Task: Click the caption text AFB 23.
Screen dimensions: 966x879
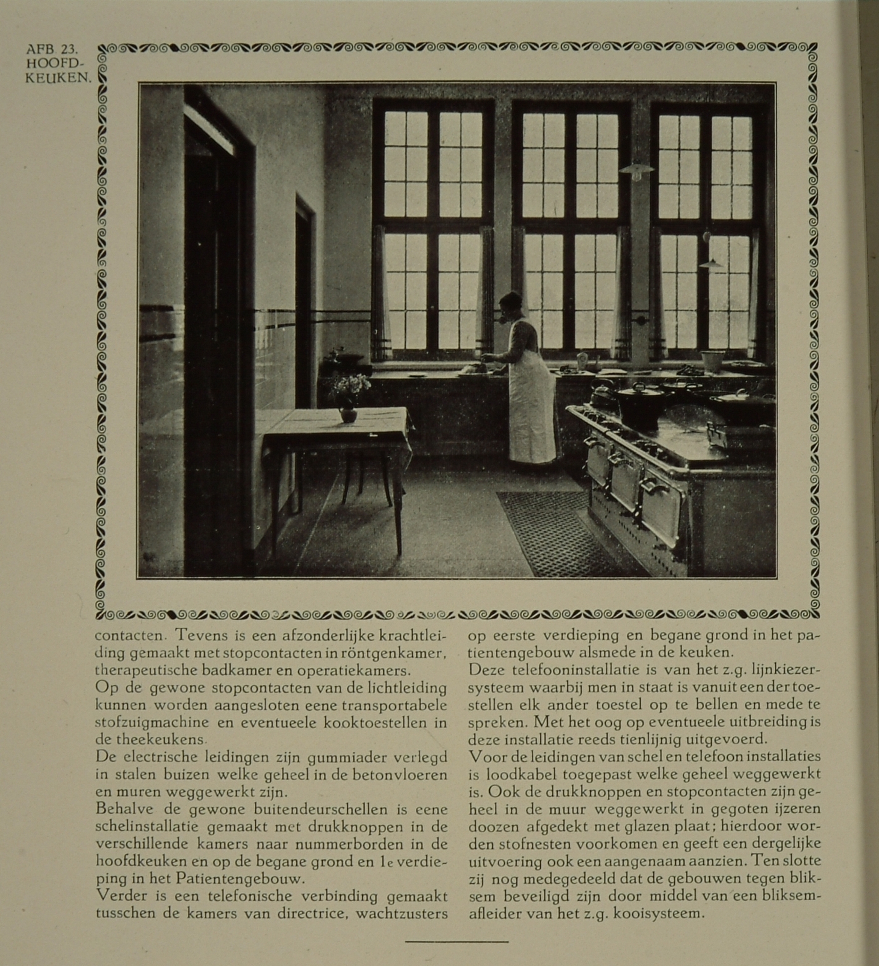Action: pyautogui.click(x=52, y=50)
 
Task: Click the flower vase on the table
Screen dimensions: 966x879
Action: pyautogui.click(x=347, y=413)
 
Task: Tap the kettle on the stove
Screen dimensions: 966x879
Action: pyautogui.click(x=602, y=394)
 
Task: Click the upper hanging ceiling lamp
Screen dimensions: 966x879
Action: pyautogui.click(x=636, y=170)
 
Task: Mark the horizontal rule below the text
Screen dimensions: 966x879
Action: pyautogui.click(x=456, y=941)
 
